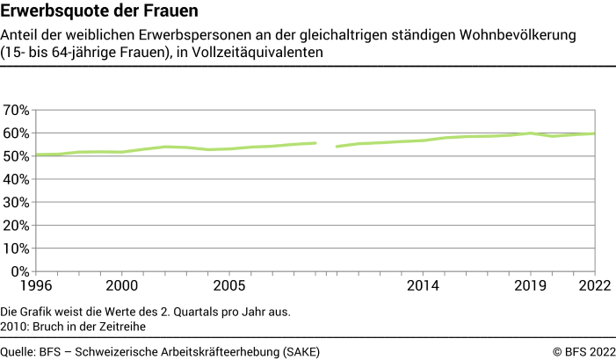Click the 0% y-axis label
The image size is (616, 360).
pos(19,271)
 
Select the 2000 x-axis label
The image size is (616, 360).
pos(121,285)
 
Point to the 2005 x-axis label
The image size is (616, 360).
pos(229,285)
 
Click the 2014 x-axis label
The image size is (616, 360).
pos(423,285)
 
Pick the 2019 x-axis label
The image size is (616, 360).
pos(531,285)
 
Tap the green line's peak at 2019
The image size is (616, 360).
pos(531,133)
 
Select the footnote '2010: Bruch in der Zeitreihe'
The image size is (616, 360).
pos(72,326)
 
